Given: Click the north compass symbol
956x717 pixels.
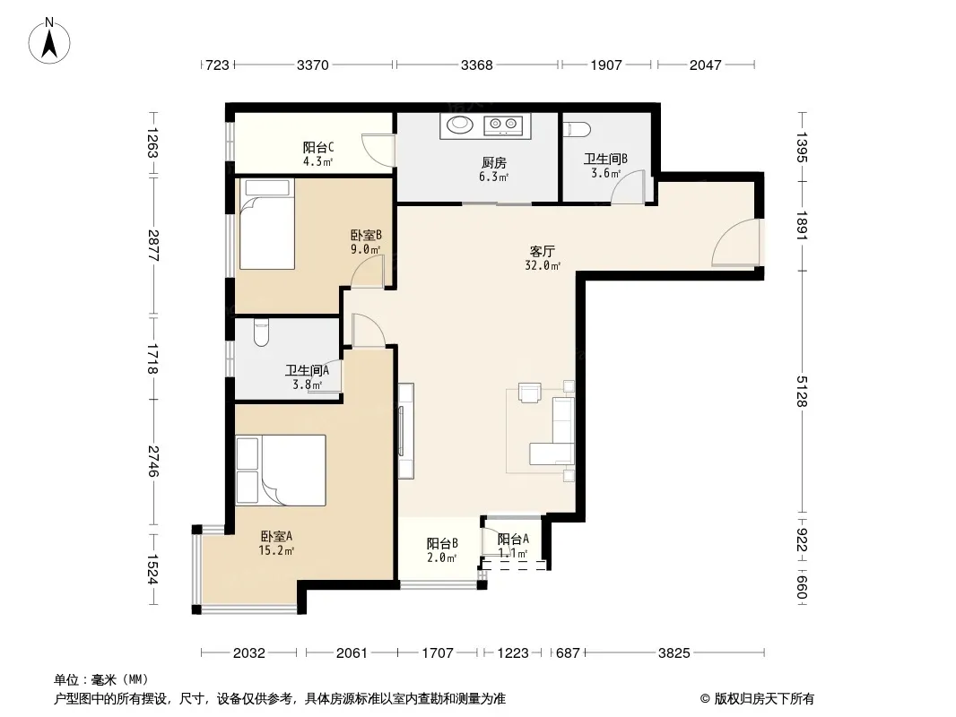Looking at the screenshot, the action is (x=49, y=41).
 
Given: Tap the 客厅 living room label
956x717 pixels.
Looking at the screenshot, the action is (x=542, y=251).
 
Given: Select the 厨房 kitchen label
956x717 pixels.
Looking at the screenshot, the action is (x=494, y=162).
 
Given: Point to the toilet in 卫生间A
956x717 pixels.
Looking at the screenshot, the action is (x=262, y=333).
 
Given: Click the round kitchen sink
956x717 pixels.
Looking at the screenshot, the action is (x=460, y=125).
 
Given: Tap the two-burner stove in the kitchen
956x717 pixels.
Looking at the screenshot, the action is (x=504, y=125).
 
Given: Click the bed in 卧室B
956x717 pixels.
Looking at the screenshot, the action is (x=266, y=223).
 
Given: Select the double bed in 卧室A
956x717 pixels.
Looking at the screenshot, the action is (x=281, y=471).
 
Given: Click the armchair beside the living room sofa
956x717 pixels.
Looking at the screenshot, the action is (x=530, y=393).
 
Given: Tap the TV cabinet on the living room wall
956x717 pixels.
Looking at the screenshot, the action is (x=406, y=430).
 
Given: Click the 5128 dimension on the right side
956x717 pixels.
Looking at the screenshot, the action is (x=802, y=392).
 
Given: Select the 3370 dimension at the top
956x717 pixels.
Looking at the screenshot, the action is (x=313, y=65).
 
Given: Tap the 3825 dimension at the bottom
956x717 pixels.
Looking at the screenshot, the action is (x=674, y=653).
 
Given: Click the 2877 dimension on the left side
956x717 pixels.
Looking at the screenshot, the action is (x=152, y=246).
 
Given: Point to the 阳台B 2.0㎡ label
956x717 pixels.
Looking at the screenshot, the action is (x=442, y=550).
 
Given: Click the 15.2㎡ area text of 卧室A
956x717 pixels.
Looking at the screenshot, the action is (x=276, y=550).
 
